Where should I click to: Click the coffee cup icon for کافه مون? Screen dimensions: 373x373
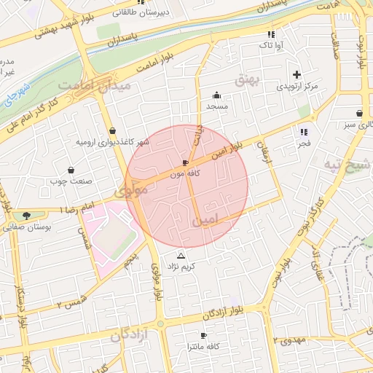click(x=185, y=162)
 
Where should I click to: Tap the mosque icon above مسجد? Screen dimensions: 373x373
click(x=216, y=95)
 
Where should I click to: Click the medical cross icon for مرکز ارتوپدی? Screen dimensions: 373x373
click(x=297, y=74)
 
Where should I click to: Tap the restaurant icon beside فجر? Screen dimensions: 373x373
click(x=304, y=132)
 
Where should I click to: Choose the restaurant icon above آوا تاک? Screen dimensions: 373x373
click(x=271, y=34)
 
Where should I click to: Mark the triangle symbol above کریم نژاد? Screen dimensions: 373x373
click(x=181, y=256)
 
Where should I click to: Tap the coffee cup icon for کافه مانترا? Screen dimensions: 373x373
click(x=203, y=334)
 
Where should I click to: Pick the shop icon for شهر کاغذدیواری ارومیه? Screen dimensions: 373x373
click(x=111, y=130)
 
